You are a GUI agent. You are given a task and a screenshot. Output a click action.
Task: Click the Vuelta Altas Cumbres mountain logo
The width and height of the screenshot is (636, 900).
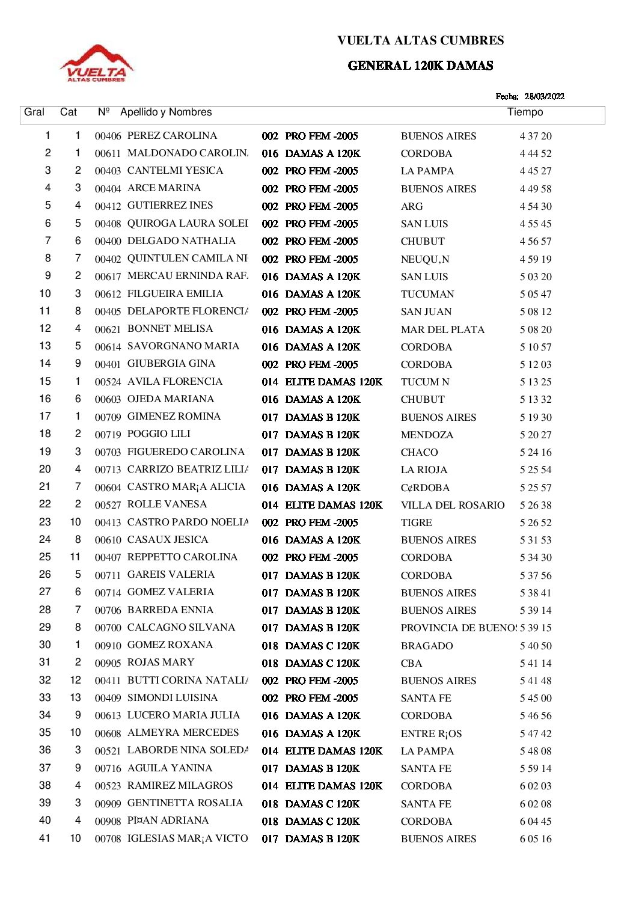[x=97, y=63]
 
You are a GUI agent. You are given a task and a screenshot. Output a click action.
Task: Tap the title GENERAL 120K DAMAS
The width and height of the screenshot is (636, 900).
[x=420, y=66]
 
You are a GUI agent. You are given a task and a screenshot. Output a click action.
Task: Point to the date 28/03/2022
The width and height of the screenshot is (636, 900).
[x=544, y=96]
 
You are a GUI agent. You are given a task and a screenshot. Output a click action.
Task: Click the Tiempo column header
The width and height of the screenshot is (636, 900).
[x=525, y=112]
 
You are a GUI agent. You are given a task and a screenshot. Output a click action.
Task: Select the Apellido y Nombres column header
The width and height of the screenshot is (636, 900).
[x=166, y=112]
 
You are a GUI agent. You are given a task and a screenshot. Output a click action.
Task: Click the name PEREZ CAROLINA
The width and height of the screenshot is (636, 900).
[x=172, y=136]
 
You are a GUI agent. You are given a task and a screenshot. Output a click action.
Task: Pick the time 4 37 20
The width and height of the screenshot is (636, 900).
[x=535, y=136]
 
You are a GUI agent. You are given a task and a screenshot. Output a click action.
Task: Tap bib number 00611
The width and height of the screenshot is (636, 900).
[x=108, y=154]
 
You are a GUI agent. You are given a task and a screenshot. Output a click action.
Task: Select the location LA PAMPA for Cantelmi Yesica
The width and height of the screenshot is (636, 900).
[x=427, y=171]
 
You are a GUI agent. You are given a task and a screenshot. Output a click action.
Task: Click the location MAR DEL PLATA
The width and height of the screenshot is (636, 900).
[x=442, y=329]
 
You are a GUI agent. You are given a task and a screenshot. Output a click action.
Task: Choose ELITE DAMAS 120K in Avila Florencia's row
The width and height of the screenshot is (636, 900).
[x=334, y=382]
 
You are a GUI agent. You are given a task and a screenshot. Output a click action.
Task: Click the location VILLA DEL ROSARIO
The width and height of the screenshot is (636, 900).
[x=453, y=505]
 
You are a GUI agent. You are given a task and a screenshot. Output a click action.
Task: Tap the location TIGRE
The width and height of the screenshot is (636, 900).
[x=416, y=522]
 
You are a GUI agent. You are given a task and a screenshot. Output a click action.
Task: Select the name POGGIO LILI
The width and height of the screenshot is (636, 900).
[x=159, y=434]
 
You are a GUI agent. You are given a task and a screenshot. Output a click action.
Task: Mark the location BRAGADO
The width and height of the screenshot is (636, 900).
[x=427, y=646]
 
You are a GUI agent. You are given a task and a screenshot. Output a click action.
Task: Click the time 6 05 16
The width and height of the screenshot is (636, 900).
[x=535, y=839]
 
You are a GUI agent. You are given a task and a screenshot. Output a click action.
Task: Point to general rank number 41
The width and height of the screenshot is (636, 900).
[x=44, y=838]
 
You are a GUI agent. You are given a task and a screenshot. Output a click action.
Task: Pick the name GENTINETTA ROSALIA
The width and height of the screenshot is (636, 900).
[x=185, y=803]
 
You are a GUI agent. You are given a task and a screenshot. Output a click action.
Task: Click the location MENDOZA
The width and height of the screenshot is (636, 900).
[x=427, y=435]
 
